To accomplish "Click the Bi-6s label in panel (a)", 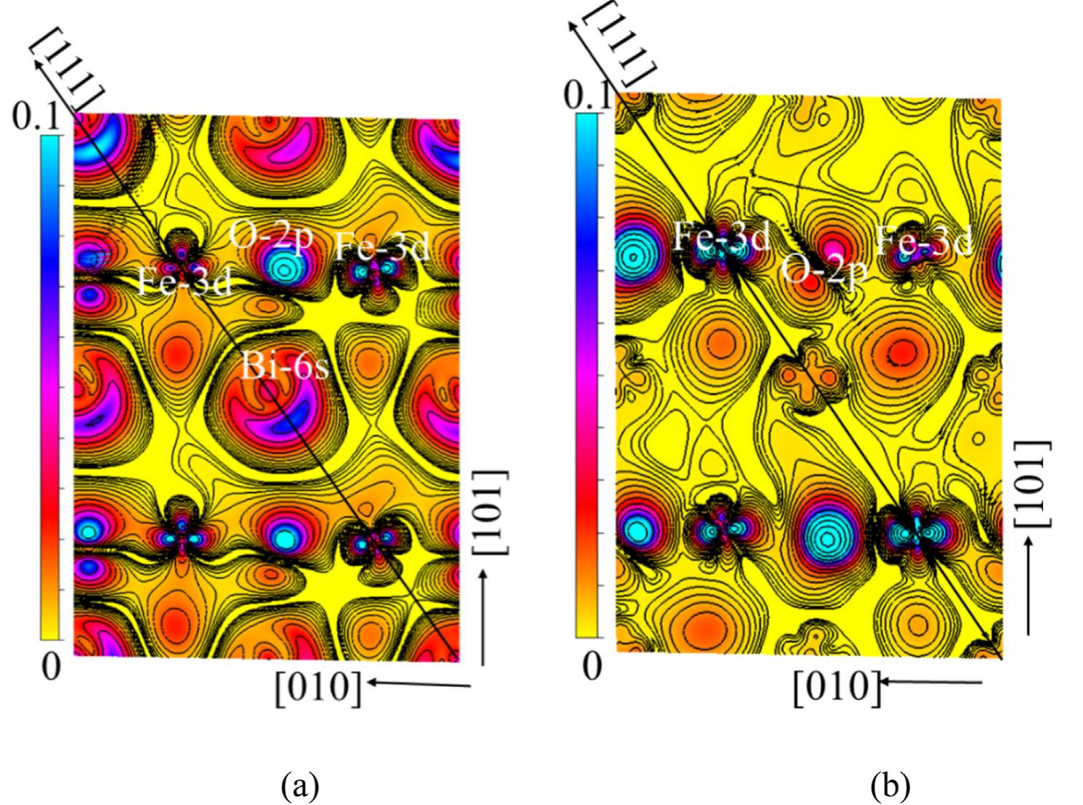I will point(285,367).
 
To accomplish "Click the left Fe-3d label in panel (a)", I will point(185,281).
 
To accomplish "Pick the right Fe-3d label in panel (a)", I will point(382,248).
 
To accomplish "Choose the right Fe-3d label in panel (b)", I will point(924,240).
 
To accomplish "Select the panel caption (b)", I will point(890,786).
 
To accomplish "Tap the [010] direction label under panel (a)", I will point(318,686).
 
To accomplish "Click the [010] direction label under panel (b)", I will point(836,686).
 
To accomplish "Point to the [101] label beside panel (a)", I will point(492,513).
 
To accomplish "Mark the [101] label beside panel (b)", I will point(1033,483).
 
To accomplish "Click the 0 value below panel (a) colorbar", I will point(50,666).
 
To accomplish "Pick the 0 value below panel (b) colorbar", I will point(592,666).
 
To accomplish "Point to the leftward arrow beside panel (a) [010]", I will point(419,683).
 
